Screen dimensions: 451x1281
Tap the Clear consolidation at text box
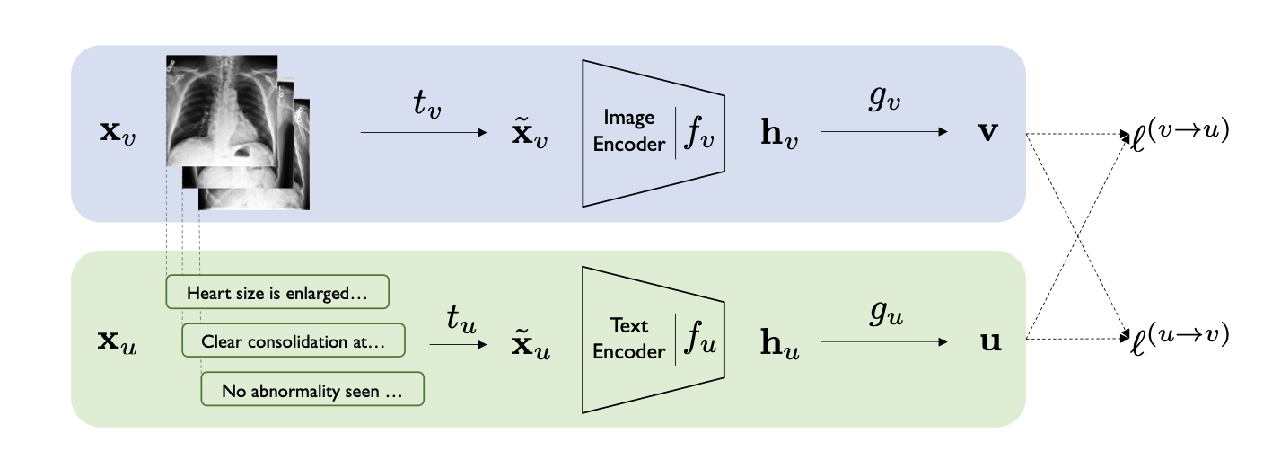coord(293,341)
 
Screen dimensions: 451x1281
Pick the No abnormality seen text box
coord(311,391)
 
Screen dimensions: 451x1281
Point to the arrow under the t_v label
coord(422,132)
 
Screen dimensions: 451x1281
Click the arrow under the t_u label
coord(456,344)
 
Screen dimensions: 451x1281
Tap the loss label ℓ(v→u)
coord(1177,133)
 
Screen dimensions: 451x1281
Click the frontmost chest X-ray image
coord(221,111)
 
